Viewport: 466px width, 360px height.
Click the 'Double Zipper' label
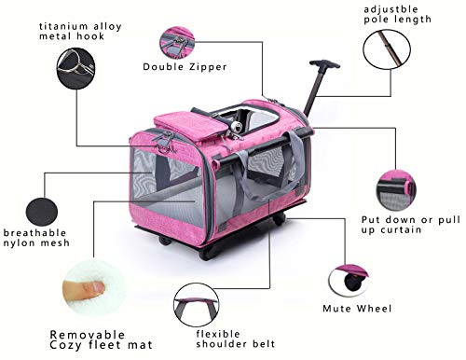coord(185,66)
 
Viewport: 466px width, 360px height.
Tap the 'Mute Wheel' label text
coord(357,309)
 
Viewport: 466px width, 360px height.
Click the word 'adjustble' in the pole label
coord(391,9)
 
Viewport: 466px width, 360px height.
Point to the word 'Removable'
coord(88,335)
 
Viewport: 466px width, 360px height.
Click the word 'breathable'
coord(34,232)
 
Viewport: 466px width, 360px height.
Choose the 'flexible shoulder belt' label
coord(236,339)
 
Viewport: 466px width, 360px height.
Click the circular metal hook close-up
coord(75,68)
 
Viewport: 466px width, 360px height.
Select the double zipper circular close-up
coord(177,43)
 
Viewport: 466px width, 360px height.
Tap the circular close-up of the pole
coord(387,49)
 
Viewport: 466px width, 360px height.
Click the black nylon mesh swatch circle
coord(42,212)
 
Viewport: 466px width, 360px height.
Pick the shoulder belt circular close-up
coord(197,305)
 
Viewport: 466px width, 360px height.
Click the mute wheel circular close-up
coord(349,281)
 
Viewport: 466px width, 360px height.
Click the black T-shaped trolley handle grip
coord(324,64)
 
